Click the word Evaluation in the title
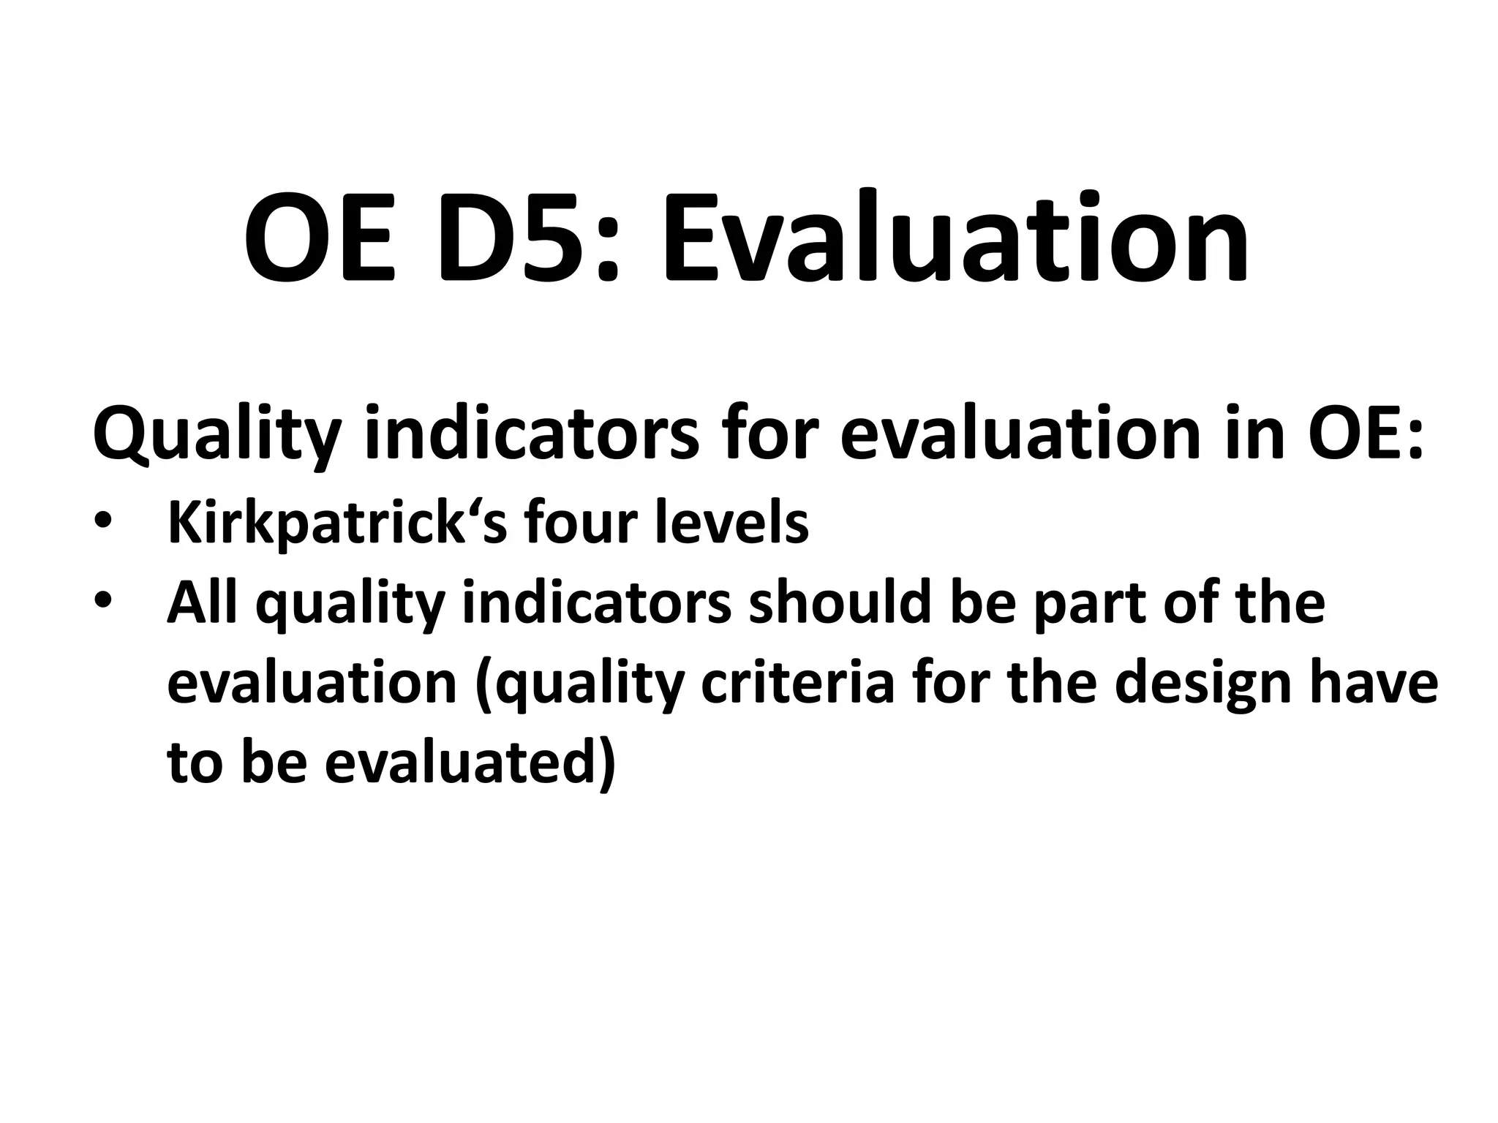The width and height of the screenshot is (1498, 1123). click(x=955, y=238)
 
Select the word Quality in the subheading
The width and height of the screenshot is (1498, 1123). click(x=217, y=436)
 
